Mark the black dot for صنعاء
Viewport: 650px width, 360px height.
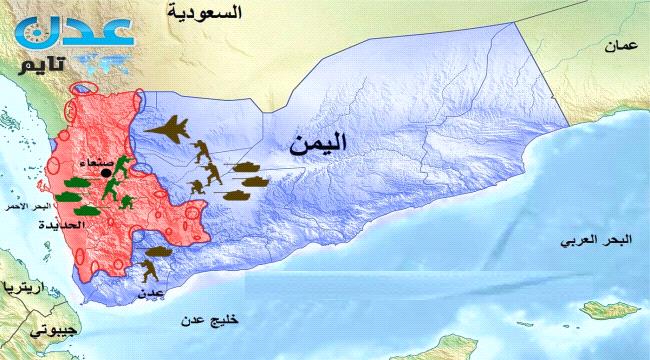point(105,174)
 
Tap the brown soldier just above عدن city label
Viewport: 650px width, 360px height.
point(151,270)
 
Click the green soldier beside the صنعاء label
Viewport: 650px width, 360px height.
point(121,164)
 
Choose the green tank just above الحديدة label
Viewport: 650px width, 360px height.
point(79,210)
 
